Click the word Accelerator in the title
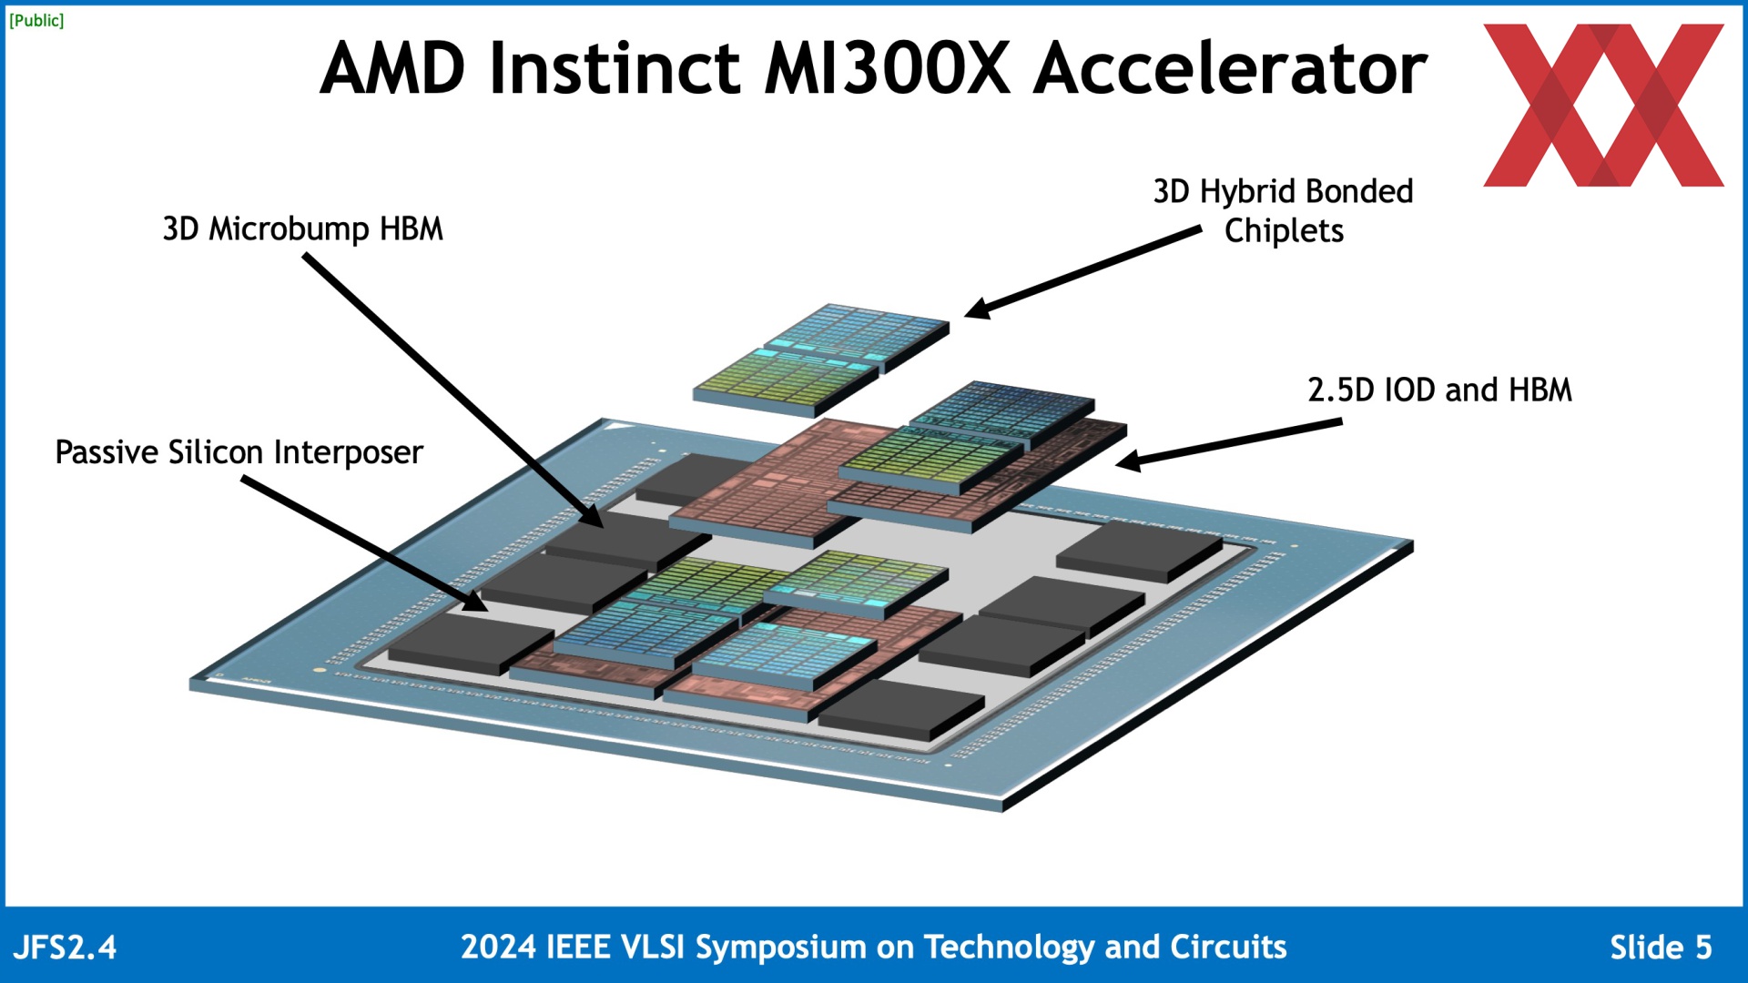pos(1230,69)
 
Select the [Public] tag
pos(36,20)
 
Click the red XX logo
pos(1603,106)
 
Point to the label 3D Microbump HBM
pos(302,228)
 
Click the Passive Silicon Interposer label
pos(239,452)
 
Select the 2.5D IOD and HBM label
pos(1439,390)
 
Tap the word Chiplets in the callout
pos(1284,231)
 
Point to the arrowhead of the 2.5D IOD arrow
pos(1125,462)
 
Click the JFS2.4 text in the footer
pos(66,948)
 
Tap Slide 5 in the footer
pos(1661,948)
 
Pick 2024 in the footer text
pos(498,948)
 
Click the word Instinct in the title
pos(615,69)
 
